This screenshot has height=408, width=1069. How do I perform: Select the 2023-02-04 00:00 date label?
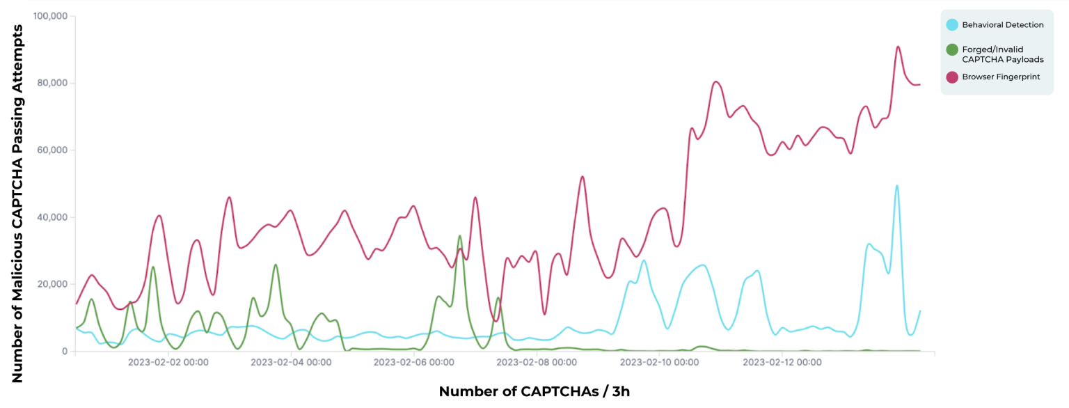290,363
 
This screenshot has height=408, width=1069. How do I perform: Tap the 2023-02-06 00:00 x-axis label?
413,363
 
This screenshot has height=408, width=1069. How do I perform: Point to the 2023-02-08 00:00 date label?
537,363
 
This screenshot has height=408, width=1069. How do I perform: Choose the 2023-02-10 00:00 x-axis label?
659,363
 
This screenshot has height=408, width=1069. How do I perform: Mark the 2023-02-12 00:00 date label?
782,363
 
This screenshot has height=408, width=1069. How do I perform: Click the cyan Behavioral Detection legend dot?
951,25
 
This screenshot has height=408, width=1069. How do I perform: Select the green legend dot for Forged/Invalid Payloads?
951,50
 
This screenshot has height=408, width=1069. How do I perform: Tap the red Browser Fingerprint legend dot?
951,77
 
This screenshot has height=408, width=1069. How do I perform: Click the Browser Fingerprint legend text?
1001,77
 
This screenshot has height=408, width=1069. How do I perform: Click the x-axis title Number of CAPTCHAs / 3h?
534,391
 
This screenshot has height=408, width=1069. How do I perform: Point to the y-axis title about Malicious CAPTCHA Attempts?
17,203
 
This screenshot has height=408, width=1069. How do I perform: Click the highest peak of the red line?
898,47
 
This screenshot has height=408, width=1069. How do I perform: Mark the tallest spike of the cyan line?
896,185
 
